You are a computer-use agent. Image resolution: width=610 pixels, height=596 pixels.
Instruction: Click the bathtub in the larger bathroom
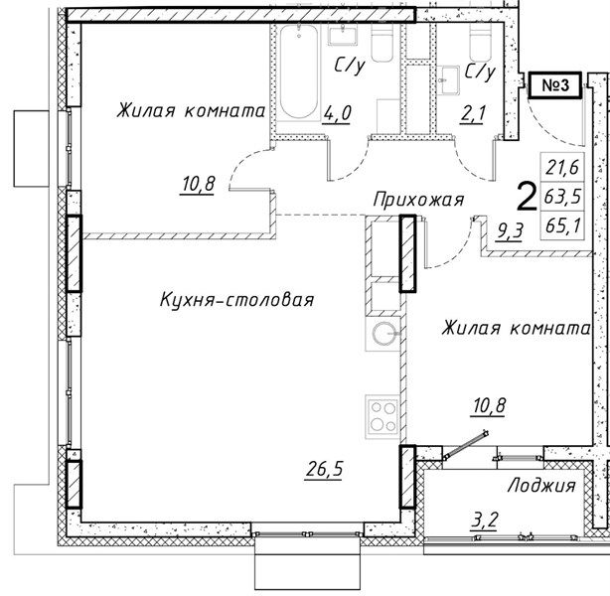299,72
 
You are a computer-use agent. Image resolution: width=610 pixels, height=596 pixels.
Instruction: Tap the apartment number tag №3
555,84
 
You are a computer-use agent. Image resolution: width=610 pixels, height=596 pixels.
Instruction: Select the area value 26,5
325,469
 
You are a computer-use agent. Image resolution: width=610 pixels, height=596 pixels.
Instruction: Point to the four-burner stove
382,417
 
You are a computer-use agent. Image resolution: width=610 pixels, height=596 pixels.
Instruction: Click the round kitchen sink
384,334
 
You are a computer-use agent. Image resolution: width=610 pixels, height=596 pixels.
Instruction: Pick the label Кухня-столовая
236,300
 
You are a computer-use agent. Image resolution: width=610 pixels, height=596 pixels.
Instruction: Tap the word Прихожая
418,200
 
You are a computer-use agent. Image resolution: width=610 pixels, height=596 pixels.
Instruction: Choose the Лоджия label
541,485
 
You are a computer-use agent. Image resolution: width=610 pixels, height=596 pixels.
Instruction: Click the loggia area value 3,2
485,520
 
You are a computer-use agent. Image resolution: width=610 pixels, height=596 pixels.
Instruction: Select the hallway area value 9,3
510,231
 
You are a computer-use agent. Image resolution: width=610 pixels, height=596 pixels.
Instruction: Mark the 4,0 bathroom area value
337,113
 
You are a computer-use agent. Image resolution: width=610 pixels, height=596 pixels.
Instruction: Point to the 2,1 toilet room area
473,114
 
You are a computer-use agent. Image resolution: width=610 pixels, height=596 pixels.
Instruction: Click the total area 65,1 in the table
562,224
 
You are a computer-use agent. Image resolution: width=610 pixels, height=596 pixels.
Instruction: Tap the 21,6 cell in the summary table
562,167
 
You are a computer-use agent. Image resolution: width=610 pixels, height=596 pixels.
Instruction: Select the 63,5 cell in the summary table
562,196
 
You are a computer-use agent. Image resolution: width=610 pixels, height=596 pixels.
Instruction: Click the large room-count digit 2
528,198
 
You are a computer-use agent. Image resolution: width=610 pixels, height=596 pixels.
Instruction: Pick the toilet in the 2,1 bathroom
481,42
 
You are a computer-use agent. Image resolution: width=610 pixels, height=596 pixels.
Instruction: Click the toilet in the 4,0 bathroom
382,42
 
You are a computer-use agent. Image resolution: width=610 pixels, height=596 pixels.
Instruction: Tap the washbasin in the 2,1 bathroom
448,80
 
